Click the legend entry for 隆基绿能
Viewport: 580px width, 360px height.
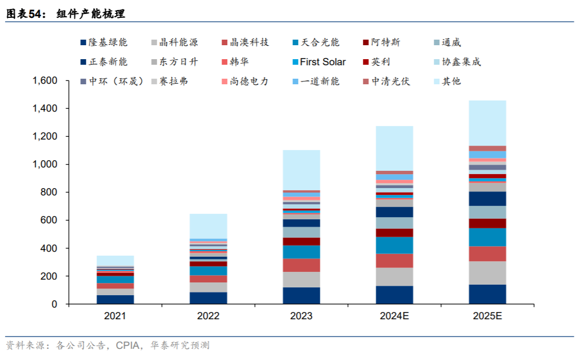(104, 42)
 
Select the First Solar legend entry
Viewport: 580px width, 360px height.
(318, 62)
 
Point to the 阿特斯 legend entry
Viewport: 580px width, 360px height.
(381, 42)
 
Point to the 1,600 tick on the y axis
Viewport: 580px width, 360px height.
(45, 81)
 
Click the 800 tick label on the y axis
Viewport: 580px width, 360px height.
(50, 193)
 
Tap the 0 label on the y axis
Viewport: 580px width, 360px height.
(55, 304)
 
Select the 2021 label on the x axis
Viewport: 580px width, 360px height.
(115, 316)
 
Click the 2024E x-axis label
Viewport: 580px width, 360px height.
(394, 316)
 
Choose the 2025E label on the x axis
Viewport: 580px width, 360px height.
(487, 316)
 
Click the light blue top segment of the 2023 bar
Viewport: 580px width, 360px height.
(301, 170)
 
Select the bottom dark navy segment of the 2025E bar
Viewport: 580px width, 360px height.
(487, 294)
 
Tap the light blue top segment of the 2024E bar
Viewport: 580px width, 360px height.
(394, 148)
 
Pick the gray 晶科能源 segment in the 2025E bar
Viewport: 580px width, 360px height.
(487, 273)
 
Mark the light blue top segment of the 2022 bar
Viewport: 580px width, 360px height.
(208, 226)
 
